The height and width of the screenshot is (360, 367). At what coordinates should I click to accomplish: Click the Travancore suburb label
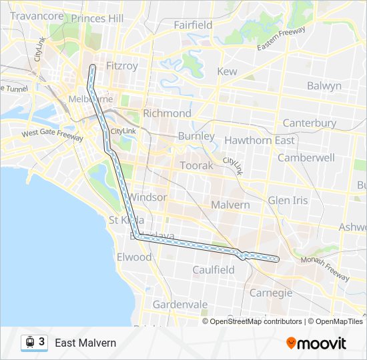point(37,15)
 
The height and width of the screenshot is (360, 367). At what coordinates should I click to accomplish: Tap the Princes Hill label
point(97,19)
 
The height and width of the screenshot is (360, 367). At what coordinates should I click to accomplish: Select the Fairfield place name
point(193,25)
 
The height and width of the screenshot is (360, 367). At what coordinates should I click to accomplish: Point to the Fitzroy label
point(122,66)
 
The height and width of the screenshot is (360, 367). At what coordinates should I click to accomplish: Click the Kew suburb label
point(227,71)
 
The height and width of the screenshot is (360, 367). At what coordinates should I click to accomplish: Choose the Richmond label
point(167,113)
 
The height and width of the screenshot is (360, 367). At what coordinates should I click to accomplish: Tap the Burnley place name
point(196,136)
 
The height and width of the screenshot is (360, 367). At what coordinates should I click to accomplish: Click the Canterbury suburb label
point(310,123)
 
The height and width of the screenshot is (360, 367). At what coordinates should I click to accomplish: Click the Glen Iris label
point(288,201)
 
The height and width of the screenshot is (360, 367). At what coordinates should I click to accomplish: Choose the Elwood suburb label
point(134,257)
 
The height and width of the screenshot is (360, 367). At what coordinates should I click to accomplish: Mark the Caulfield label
point(214,270)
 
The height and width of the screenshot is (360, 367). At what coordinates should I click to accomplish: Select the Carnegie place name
point(271,293)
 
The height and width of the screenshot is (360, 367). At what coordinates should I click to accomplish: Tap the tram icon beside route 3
point(29,342)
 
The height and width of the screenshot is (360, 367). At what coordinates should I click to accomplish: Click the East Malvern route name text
point(85,343)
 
